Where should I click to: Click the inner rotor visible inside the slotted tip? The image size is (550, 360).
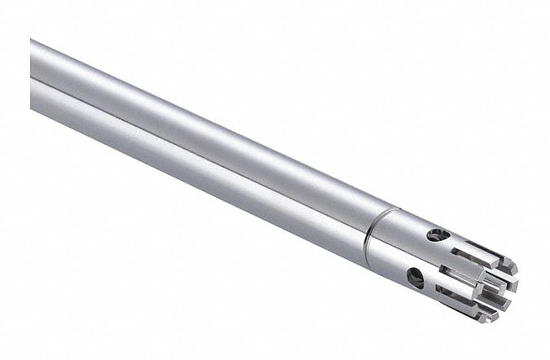[x=494, y=284]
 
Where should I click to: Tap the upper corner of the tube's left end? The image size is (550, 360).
[x=33, y=38]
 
